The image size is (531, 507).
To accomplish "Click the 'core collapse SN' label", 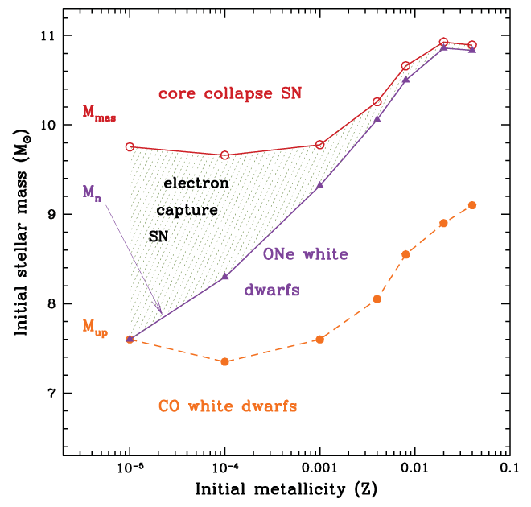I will (x=230, y=94).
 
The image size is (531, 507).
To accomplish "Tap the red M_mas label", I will (x=100, y=113).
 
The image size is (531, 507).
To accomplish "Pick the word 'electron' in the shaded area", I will (x=196, y=183).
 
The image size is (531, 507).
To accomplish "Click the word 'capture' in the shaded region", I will (x=187, y=211).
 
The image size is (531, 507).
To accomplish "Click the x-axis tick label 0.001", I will (x=319, y=468).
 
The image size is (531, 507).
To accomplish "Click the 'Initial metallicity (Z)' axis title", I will (x=286, y=489).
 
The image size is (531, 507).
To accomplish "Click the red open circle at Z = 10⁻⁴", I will (x=225, y=155).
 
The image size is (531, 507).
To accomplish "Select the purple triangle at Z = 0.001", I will (x=320, y=185).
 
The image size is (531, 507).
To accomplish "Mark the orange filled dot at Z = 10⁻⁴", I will (x=225, y=362).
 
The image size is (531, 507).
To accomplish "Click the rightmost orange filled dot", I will (x=472, y=205).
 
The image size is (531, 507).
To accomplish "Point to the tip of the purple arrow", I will (x=163, y=314).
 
